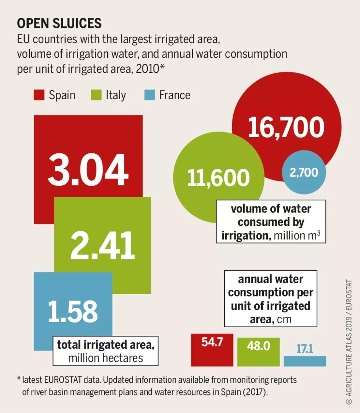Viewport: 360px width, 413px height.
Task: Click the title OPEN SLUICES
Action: point(59,23)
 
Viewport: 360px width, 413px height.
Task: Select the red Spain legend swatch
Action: point(39,95)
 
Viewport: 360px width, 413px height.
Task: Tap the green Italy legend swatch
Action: point(96,95)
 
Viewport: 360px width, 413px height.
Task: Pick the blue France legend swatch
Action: point(149,95)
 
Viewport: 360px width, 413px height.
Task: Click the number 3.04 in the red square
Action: point(88,171)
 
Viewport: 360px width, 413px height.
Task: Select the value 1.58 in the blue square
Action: point(73,311)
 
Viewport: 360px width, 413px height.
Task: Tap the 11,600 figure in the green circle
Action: point(218,178)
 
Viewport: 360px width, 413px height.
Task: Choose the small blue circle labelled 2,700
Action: point(304,172)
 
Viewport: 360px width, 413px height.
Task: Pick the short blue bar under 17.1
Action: point(305,361)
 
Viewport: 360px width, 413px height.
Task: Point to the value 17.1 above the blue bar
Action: point(305,349)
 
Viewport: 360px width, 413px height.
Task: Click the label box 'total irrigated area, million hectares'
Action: point(105,351)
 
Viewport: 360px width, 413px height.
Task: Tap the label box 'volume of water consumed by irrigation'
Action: point(271,222)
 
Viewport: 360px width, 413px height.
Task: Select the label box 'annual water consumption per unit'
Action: point(270,299)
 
